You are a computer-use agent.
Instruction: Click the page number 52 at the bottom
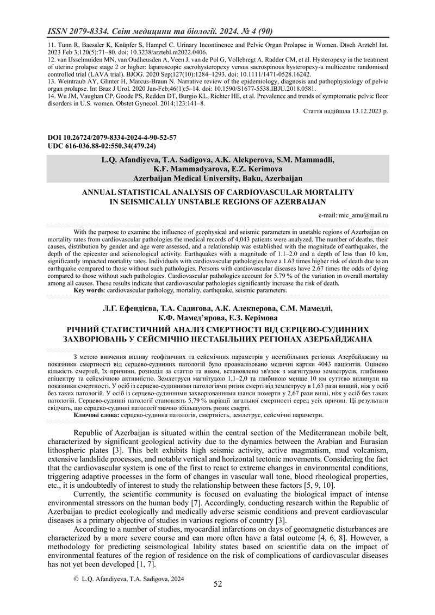click(x=217, y=584)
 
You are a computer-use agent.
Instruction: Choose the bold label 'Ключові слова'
click(x=96, y=415)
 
